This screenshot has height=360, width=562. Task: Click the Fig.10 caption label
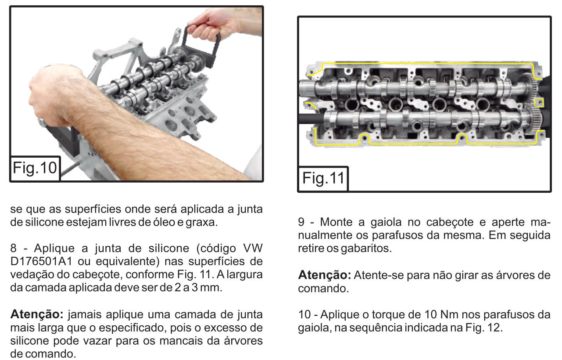tap(35, 168)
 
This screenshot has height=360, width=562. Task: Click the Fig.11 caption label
tap(323, 178)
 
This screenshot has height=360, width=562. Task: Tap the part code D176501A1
tap(41, 261)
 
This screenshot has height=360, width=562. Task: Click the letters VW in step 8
tap(253, 248)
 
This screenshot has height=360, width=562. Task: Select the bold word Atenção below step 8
tap(36, 314)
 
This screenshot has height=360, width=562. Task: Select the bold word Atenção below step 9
tap(324, 275)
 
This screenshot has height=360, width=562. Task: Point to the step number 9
tap(301, 222)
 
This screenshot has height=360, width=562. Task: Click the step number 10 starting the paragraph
tap(304, 314)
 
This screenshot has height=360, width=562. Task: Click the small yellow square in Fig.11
tap(539, 102)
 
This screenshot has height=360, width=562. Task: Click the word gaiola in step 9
tap(386, 223)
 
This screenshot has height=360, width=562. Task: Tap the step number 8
tap(13, 248)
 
